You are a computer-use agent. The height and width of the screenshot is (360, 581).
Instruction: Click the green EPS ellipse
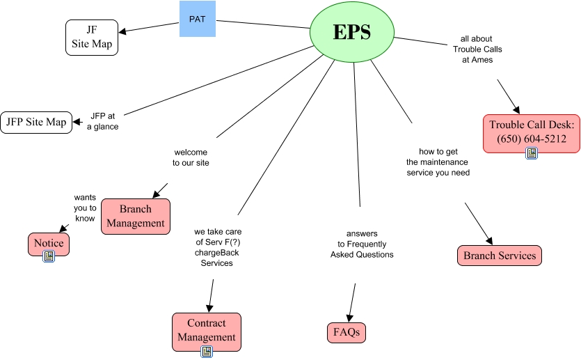tap(351, 32)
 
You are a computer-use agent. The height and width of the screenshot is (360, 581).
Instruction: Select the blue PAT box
tap(197, 19)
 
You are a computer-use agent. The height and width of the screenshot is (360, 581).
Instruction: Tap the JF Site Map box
tap(92, 37)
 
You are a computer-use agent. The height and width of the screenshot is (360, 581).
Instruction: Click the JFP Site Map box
tap(35, 123)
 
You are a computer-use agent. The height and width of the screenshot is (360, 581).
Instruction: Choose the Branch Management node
tap(136, 216)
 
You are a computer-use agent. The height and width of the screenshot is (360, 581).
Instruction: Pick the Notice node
tap(49, 243)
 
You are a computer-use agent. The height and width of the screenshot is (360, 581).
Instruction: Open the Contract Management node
tap(207, 330)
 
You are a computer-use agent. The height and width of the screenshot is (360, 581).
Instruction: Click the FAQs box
tap(347, 333)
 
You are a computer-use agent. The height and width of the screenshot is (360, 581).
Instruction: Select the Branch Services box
tap(500, 256)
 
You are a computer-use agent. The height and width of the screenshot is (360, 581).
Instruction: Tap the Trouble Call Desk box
tap(532, 132)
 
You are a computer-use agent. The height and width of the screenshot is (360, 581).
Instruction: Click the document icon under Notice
tap(49, 256)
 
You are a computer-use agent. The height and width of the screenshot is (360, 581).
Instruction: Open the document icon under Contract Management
tap(207, 352)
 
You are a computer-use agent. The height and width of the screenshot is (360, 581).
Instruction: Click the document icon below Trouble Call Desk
tap(532, 153)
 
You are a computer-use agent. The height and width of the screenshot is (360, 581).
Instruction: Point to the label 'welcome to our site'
tap(191, 157)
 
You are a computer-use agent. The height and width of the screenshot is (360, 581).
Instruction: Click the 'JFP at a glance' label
tap(103, 121)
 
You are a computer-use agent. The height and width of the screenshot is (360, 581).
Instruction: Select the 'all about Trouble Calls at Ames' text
tap(477, 49)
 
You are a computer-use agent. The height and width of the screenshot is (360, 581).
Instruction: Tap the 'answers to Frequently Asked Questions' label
tap(362, 244)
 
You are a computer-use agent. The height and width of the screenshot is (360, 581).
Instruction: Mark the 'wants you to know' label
tap(84, 208)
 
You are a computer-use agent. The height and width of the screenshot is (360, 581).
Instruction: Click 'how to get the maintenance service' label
tap(438, 162)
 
